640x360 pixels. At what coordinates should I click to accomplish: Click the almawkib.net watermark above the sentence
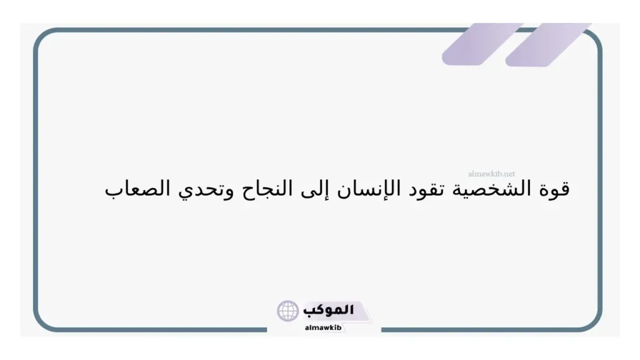491,173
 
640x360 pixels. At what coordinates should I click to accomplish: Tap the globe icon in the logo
288,311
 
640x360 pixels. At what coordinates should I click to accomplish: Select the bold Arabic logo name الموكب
328,310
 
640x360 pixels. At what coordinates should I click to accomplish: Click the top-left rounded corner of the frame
42,37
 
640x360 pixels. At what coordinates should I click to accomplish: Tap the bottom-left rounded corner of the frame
42,322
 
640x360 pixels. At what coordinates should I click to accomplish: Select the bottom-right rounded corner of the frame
593,322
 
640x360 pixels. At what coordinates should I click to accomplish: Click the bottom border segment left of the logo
156,330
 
